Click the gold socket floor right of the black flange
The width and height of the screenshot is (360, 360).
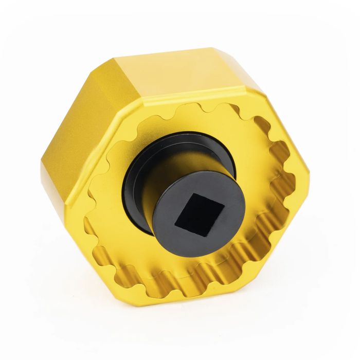pyautogui.click(x=257, y=170)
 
